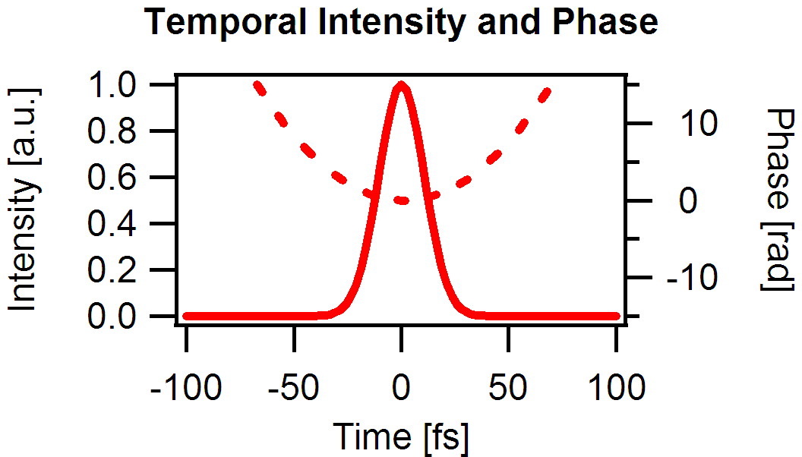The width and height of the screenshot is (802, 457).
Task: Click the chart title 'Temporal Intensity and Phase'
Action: (x=401, y=23)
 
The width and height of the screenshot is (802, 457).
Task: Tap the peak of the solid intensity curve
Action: (x=401, y=86)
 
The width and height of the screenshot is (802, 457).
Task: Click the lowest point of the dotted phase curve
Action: (x=402, y=200)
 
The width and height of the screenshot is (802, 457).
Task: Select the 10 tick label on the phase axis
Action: (x=696, y=123)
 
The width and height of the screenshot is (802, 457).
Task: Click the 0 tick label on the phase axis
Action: (x=688, y=200)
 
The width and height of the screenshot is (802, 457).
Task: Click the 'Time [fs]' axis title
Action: (x=401, y=437)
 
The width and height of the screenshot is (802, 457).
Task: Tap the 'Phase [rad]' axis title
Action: (x=776, y=199)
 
